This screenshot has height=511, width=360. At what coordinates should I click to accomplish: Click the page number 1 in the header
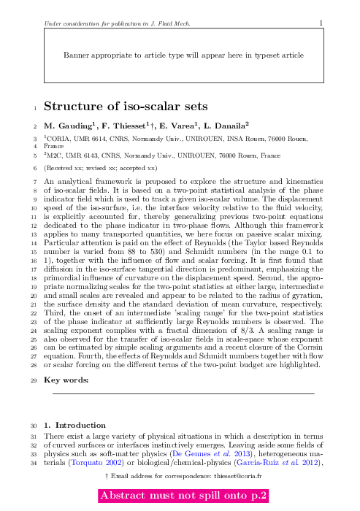321,23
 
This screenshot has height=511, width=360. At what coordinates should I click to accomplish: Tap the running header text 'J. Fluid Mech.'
169,23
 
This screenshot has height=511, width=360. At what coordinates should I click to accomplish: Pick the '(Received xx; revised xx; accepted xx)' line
105,167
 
